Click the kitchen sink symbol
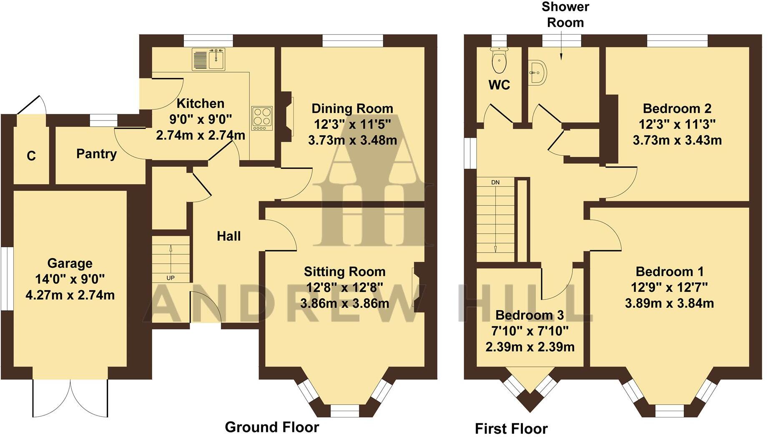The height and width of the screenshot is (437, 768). (x=209, y=59)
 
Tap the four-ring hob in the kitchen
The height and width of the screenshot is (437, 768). (x=262, y=118)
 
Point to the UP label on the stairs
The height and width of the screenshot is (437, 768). (x=171, y=278)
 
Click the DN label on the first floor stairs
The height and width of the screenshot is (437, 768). (x=495, y=182)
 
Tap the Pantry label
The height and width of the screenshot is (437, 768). (x=96, y=154)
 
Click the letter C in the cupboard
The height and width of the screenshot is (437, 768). (x=31, y=156)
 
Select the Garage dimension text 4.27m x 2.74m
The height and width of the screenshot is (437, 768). (x=70, y=295)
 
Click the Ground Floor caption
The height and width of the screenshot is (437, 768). (x=272, y=427)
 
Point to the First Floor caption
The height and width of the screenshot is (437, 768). (x=511, y=429)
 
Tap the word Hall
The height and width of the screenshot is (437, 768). (x=228, y=236)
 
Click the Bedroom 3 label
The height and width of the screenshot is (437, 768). (x=530, y=315)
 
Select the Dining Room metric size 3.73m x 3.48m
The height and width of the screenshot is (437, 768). (x=352, y=140)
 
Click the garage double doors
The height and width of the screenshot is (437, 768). (x=70, y=398)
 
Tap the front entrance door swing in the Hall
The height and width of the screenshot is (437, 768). (x=204, y=308)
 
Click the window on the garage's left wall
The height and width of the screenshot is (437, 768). (x=7, y=279)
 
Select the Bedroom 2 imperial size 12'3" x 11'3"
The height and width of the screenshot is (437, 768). (x=677, y=124)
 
